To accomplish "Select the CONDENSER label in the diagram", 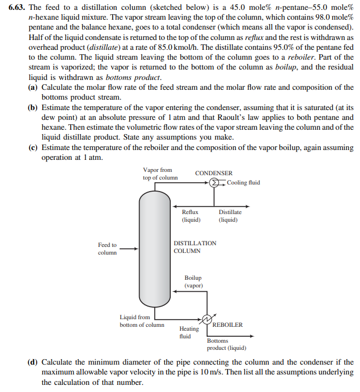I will pos(213,173).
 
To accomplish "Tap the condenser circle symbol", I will pos(216,182).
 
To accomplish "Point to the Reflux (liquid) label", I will pos(190,216).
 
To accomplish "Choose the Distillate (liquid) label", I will pos(230,216).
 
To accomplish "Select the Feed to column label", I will pos(107,249).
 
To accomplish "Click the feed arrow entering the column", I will pos(129,249).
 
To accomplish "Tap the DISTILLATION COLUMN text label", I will pos(195,247).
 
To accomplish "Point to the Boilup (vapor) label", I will pos(193,281).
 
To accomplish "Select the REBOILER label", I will pos(227,325).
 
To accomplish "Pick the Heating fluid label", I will pos(189,332).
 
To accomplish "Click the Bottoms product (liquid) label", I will pos(226,344).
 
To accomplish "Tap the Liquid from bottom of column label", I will pos(142,321).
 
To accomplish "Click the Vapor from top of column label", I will pos(160,174).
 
